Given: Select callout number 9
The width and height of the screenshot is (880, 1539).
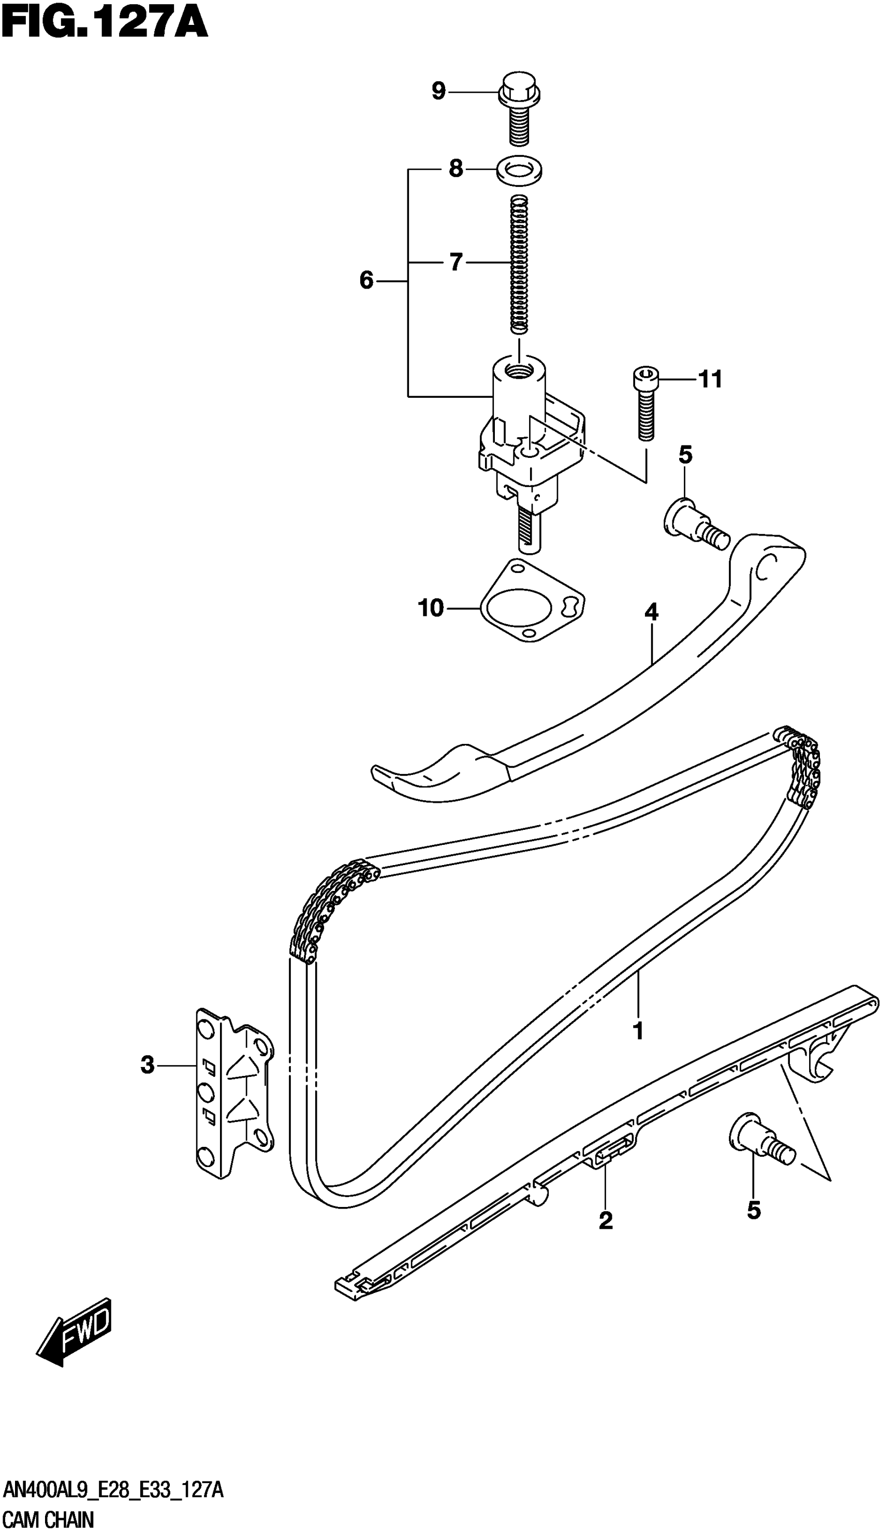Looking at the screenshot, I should click(438, 91).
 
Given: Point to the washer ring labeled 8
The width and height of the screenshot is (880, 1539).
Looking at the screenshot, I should click(519, 170).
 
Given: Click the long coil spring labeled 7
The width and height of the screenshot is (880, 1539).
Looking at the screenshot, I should click(519, 264).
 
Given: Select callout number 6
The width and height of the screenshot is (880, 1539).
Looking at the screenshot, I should click(366, 281).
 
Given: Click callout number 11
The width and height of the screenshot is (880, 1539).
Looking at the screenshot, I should click(710, 380).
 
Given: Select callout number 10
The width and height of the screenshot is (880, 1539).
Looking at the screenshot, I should click(431, 608).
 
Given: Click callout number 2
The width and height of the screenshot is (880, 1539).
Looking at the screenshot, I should click(606, 1220).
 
